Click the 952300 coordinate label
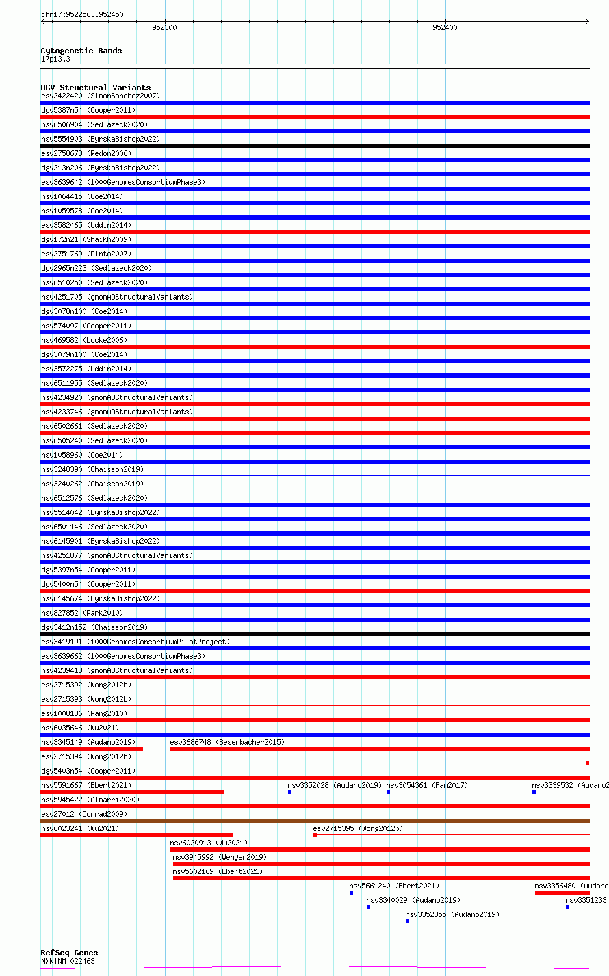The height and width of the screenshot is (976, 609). point(164,27)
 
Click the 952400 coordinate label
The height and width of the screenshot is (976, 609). point(445,27)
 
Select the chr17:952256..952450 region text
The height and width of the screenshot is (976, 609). point(82,14)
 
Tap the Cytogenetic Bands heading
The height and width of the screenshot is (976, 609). point(81,51)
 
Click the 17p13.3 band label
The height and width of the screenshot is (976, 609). point(55,59)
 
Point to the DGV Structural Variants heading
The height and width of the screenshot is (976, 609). point(95,88)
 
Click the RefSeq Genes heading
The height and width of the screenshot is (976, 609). point(69,953)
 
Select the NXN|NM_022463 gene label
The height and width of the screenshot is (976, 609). point(68,961)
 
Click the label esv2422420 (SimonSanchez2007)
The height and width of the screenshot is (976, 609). point(100,96)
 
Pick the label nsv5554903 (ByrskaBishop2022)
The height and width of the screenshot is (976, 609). point(100,139)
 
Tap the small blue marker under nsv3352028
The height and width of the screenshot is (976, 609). point(290,792)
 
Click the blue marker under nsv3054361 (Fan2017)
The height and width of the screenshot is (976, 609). point(388,792)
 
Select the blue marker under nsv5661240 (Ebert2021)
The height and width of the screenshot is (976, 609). point(352,893)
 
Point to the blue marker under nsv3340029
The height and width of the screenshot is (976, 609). point(368,907)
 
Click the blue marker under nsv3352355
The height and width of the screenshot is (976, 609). point(407,921)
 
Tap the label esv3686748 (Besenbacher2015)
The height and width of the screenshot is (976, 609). point(226,742)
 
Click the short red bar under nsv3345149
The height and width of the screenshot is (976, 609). point(92,749)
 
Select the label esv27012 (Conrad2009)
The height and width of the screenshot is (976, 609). point(83,814)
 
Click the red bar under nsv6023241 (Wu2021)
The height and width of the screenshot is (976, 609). point(136,835)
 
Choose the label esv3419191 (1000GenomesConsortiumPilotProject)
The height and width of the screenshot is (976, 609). point(135,642)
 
